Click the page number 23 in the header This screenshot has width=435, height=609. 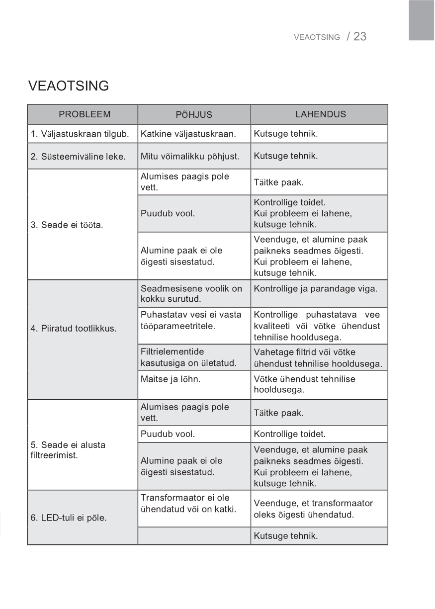pyautogui.click(x=360, y=36)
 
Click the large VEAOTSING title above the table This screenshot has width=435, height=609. pyautogui.click(x=69, y=86)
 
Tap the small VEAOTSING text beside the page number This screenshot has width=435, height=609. pyautogui.click(x=317, y=37)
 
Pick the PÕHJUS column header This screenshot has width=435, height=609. pyautogui.click(x=194, y=115)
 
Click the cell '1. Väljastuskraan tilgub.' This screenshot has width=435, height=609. pyautogui.click(x=80, y=134)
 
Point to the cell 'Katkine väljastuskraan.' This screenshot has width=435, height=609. pyautogui.click(x=188, y=134)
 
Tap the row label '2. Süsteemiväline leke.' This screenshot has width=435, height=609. pyautogui.click(x=78, y=157)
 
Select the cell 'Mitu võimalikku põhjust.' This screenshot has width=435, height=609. pyautogui.click(x=190, y=157)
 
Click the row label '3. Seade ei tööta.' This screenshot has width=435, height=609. pyautogui.click(x=67, y=225)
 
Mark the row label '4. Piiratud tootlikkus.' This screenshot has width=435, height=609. pyautogui.click(x=74, y=329)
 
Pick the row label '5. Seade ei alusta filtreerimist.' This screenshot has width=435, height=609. pyautogui.click(x=68, y=449)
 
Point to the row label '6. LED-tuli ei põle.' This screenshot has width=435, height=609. pyautogui.click(x=69, y=518)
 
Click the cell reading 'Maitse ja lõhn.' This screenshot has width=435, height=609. pyautogui.click(x=171, y=379)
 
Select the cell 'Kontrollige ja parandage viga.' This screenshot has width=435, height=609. pyautogui.click(x=316, y=288)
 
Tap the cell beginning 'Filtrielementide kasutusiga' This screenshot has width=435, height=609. pyautogui.click(x=188, y=357)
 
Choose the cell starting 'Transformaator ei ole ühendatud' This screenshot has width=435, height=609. pyautogui.click(x=188, y=504)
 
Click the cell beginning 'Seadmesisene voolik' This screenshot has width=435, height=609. pyautogui.click(x=191, y=293)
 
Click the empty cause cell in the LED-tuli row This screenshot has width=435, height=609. pyautogui.click(x=194, y=536)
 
